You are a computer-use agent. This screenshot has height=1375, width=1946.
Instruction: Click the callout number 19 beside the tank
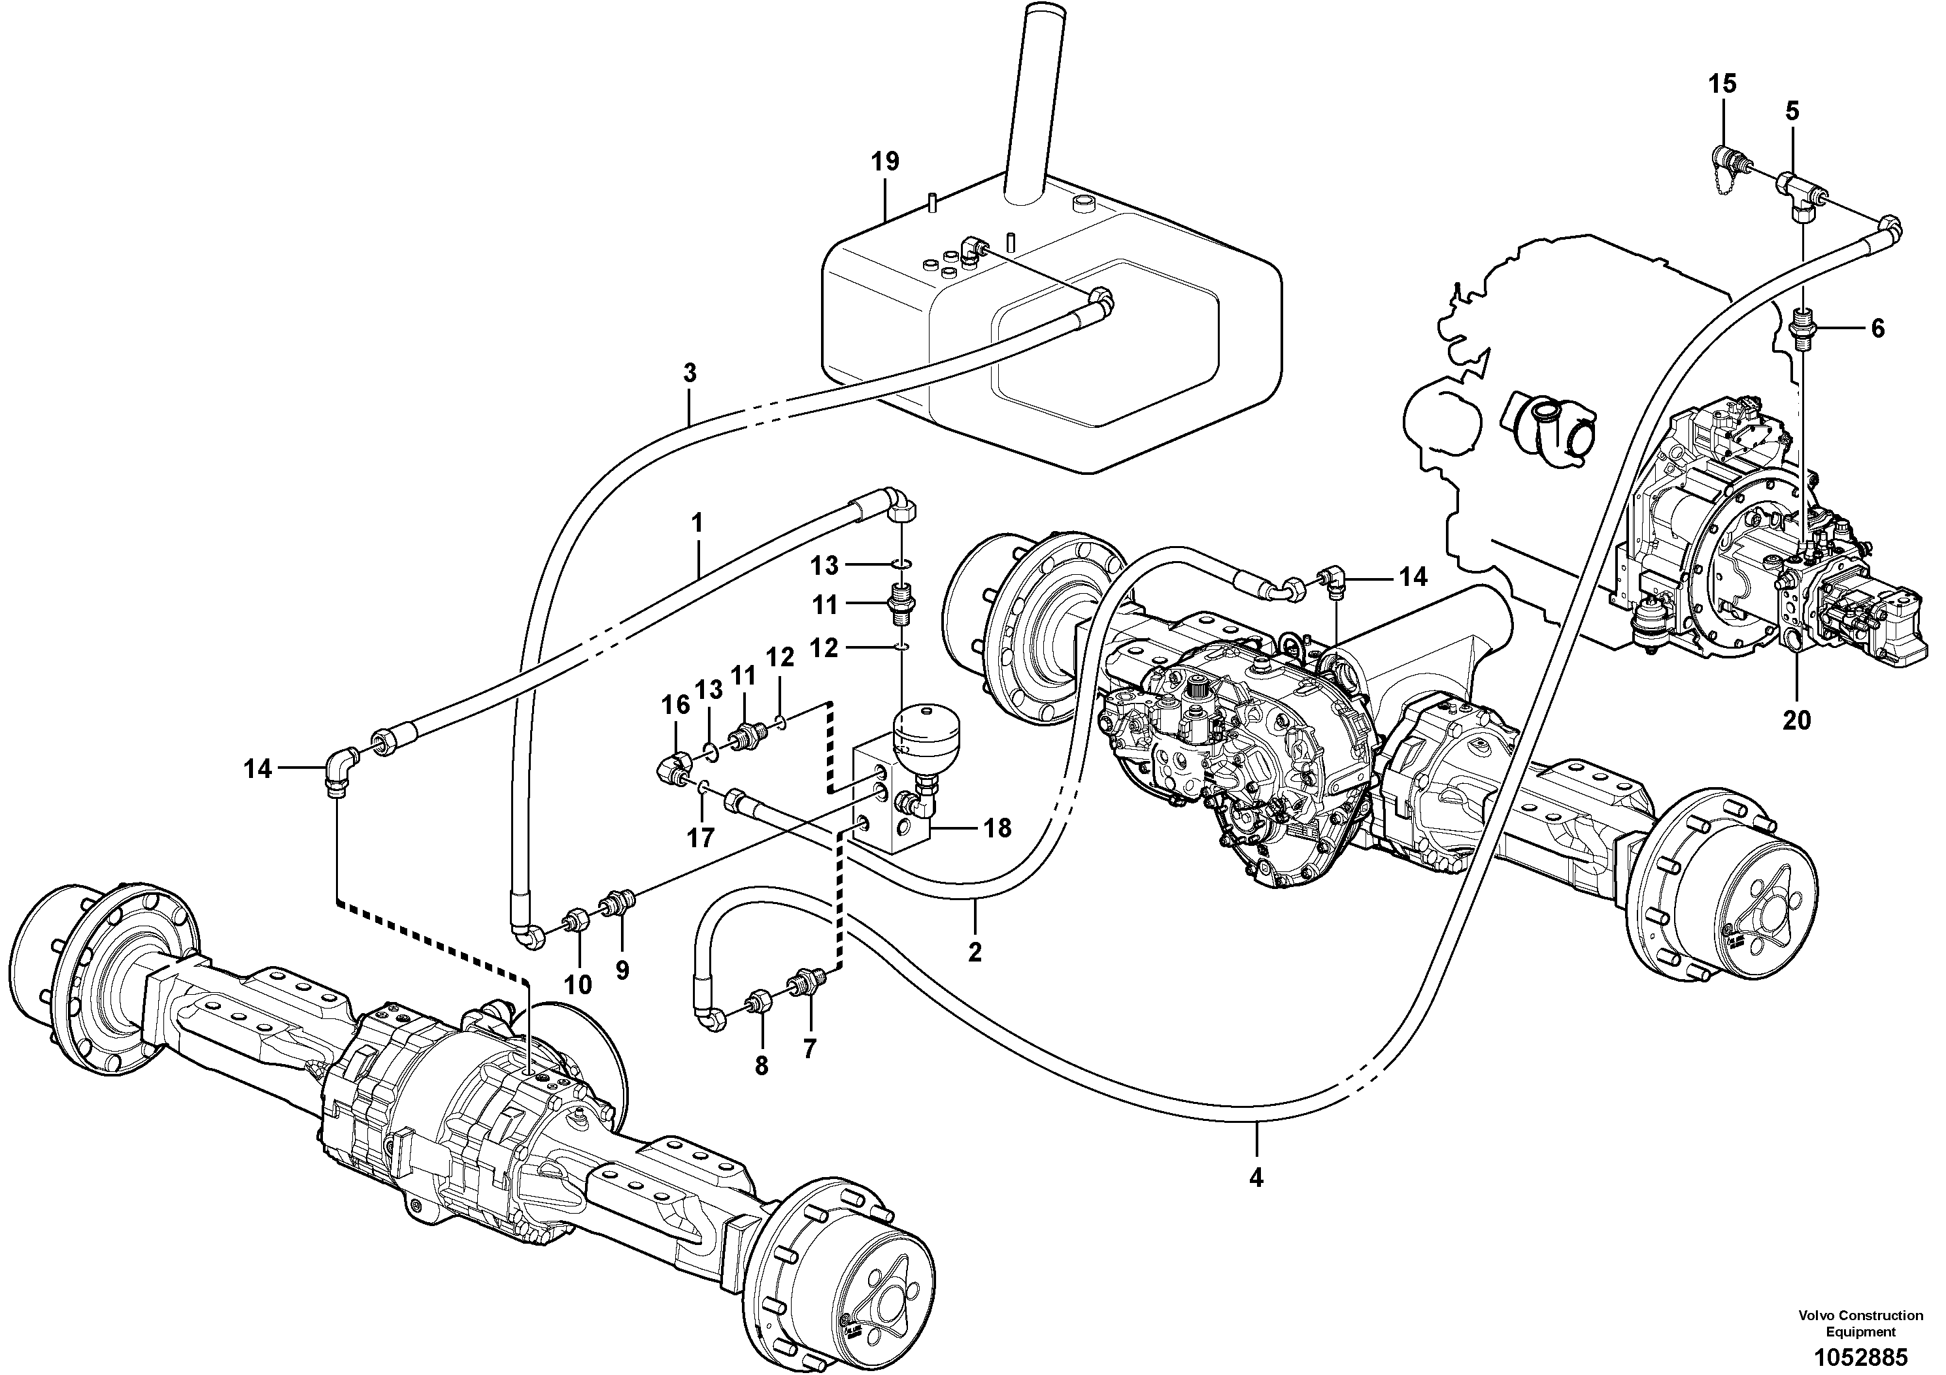coord(885,161)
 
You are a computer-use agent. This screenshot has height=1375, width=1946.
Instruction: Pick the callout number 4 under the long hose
coord(1256,1178)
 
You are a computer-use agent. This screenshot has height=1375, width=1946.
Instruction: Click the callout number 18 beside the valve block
coord(998,828)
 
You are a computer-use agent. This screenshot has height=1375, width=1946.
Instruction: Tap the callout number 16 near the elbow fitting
coord(675,705)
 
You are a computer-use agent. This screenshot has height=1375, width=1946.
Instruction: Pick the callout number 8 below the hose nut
coord(761,1066)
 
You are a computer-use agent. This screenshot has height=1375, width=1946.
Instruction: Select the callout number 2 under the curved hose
coord(975,952)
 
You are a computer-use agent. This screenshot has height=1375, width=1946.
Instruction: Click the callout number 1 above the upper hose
coord(697,523)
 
